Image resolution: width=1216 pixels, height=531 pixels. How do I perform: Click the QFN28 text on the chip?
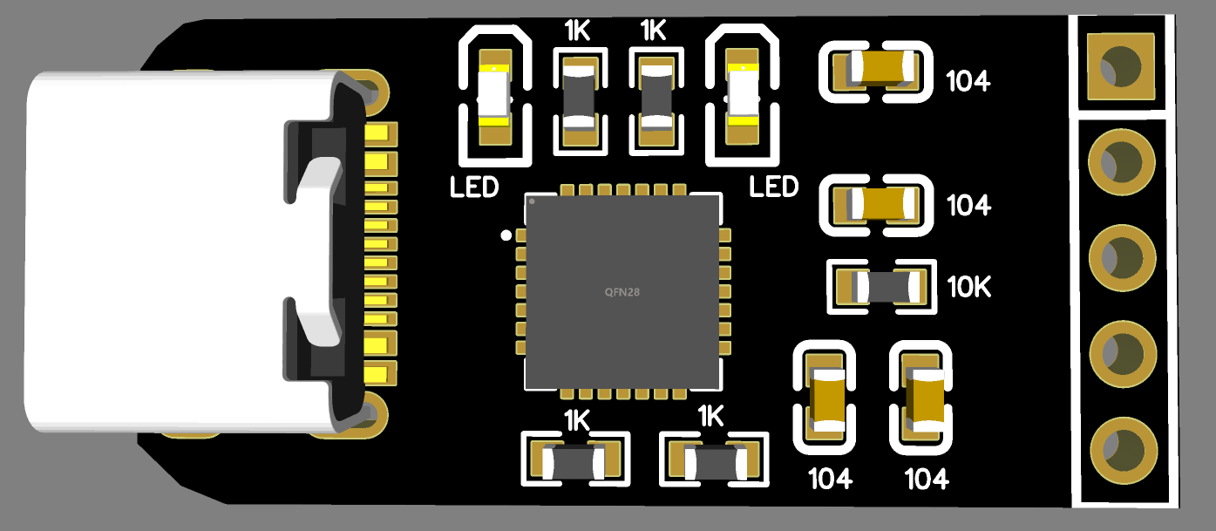(622, 292)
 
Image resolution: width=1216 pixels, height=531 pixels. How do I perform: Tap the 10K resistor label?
(969, 287)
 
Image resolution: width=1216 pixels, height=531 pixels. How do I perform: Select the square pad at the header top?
(1121, 65)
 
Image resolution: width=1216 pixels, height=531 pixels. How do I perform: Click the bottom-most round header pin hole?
(1121, 448)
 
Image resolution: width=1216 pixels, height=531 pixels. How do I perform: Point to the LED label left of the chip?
(474, 187)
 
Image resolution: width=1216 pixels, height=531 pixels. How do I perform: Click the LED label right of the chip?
(774, 187)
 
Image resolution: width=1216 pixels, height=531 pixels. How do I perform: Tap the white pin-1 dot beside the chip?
(505, 235)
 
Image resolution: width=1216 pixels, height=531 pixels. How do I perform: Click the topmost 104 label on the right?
(968, 81)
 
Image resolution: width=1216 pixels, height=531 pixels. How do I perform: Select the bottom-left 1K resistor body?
(574, 461)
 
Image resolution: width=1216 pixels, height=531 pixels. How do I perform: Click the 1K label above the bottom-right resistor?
(711, 416)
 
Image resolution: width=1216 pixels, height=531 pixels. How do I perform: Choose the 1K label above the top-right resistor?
(653, 32)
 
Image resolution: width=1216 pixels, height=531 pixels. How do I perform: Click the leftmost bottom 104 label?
(831, 479)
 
